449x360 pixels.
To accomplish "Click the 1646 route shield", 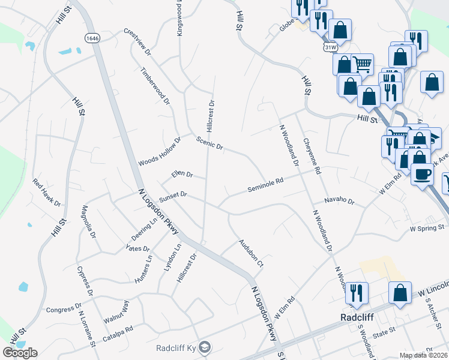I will point(92,38).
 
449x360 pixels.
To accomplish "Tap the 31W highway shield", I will point(329,47).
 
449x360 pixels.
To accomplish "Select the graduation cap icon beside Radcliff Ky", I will point(205,347).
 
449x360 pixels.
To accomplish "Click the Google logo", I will point(20,353).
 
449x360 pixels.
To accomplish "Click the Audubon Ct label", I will point(251,254).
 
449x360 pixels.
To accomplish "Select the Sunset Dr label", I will point(173,196).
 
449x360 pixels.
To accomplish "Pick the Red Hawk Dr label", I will point(47,193).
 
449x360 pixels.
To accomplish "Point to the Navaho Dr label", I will point(339,201).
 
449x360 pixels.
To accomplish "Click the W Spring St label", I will point(426,228).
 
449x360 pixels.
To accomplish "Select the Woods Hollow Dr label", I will point(159,152).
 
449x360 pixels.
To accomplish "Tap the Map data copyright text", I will point(423,355).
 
